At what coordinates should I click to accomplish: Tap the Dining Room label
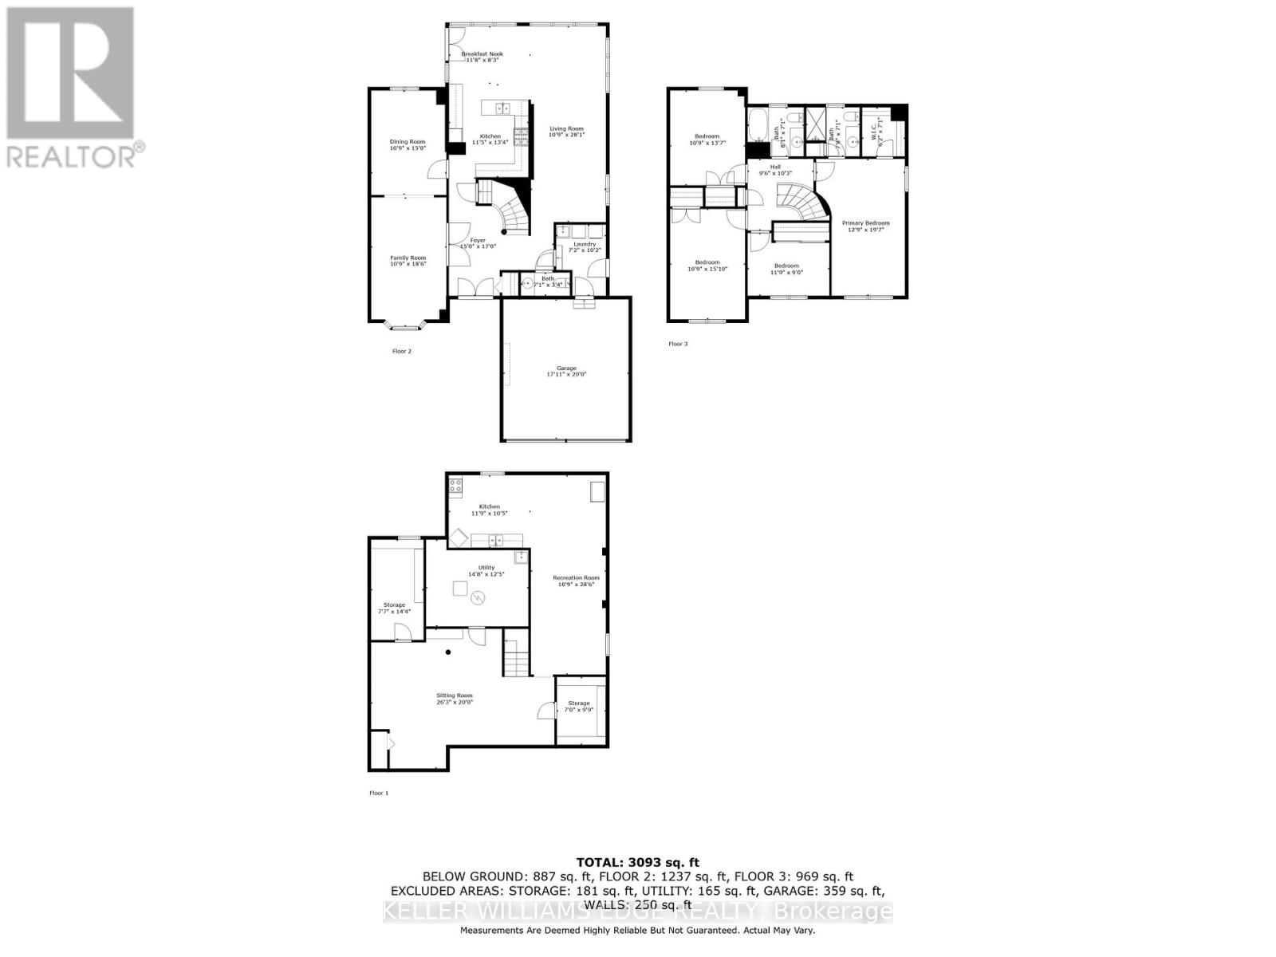[407, 142]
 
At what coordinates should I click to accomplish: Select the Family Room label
[408, 258]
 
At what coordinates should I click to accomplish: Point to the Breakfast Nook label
[482, 54]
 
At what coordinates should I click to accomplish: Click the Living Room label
[566, 128]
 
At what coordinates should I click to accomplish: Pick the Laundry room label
[584, 244]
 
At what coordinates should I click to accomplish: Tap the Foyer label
[478, 240]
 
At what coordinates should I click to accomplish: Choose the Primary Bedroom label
[865, 223]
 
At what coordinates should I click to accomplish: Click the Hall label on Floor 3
[775, 167]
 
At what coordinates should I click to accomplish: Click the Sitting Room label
[454, 695]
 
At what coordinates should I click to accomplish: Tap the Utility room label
[486, 568]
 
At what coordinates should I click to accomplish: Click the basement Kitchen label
[489, 506]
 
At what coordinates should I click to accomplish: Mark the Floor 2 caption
[402, 351]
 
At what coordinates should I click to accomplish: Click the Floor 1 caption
[379, 793]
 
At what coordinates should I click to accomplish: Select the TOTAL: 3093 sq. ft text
[637, 862]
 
